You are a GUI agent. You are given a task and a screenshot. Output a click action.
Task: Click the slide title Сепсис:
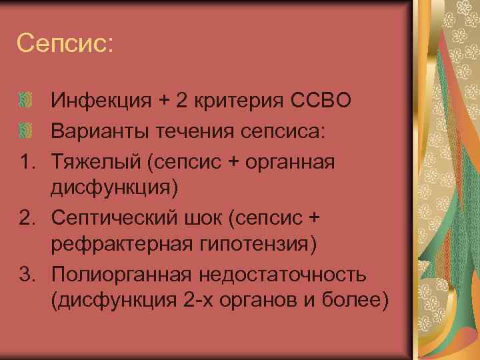(65, 43)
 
